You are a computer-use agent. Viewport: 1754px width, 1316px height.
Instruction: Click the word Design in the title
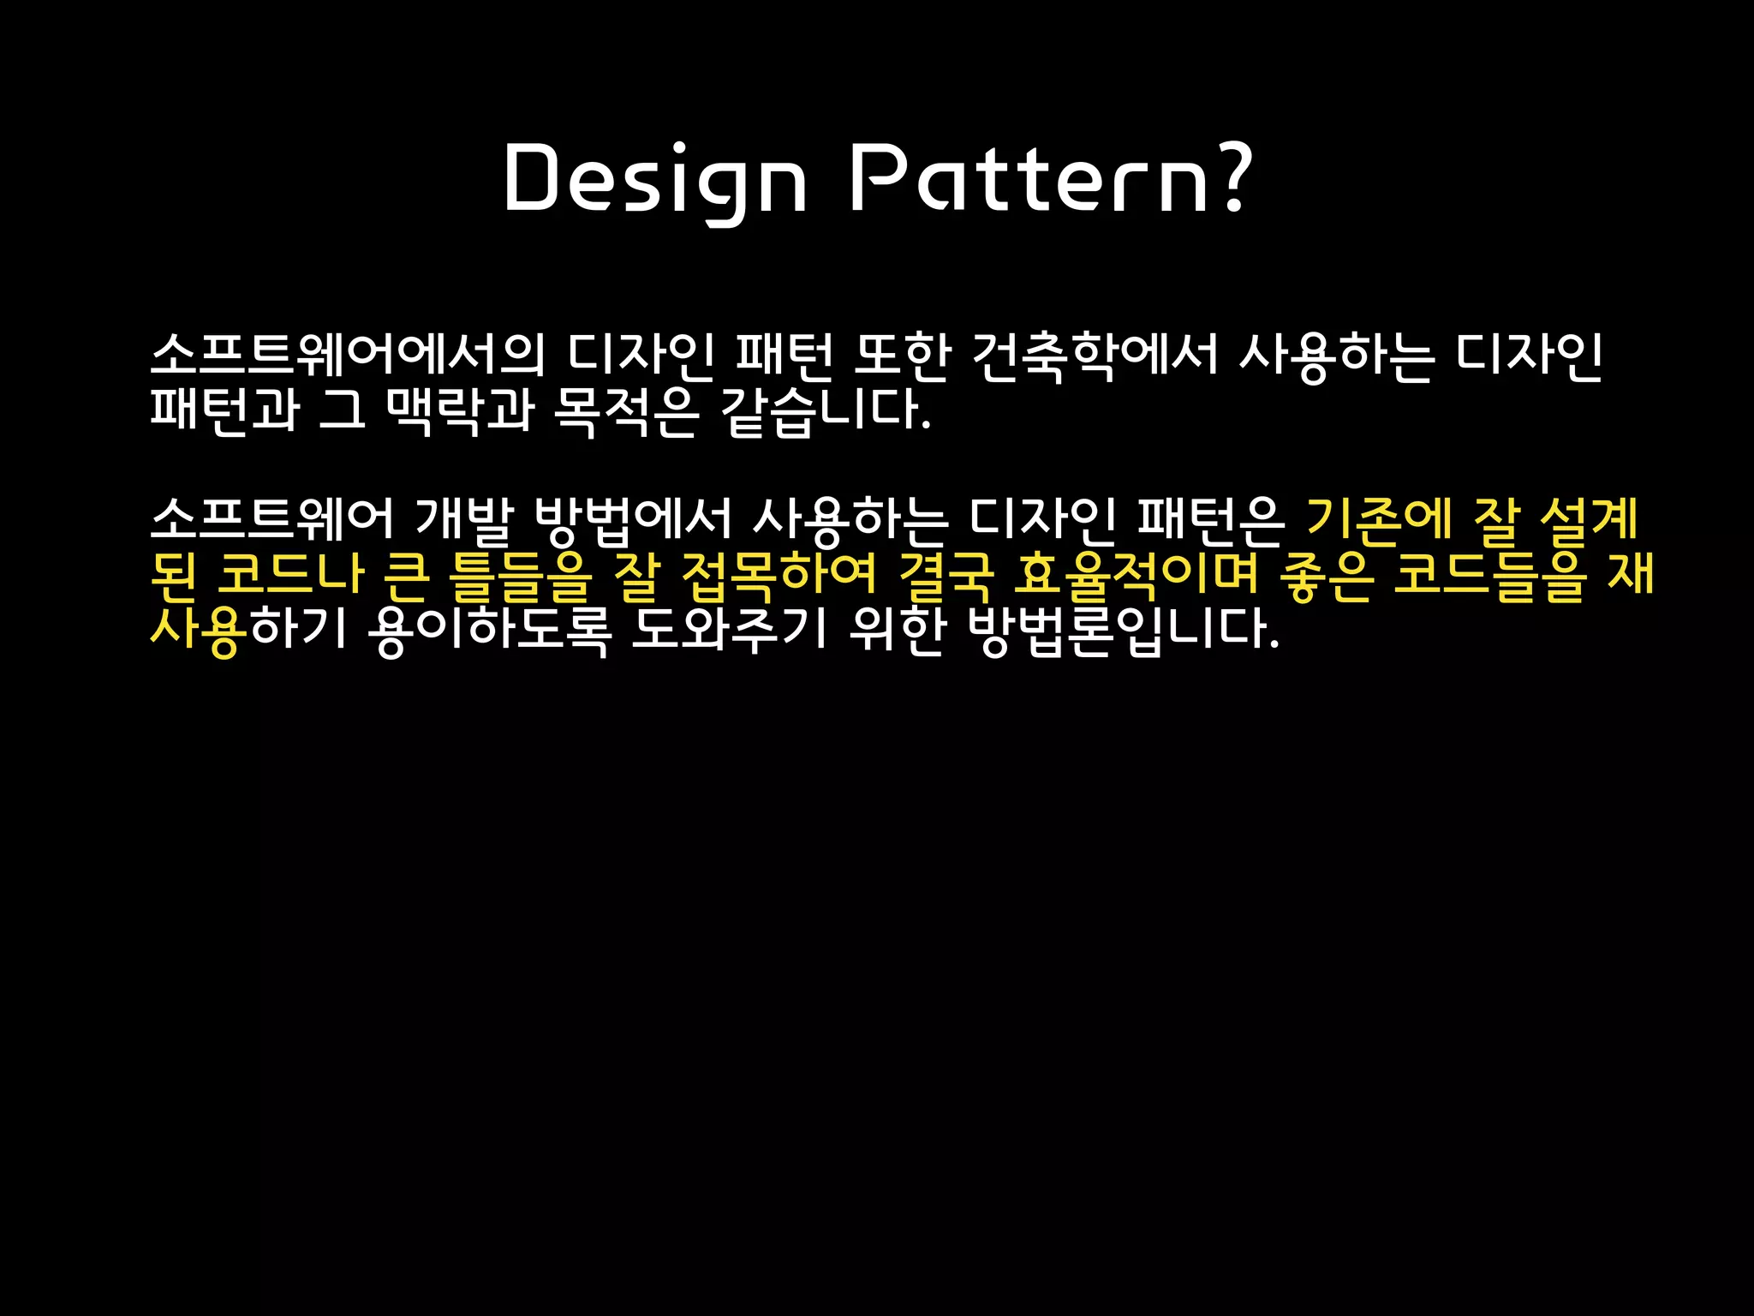coord(655,180)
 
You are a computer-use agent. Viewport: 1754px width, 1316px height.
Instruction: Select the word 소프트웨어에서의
coord(347,356)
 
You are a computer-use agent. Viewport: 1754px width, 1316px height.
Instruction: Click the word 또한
coord(902,356)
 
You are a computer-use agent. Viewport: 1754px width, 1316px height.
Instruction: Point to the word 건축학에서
coord(1095,356)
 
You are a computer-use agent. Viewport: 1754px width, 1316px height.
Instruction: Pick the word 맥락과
coord(460,410)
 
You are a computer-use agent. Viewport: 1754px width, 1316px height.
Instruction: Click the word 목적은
coord(626,410)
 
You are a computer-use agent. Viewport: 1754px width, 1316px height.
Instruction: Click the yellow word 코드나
coord(291,575)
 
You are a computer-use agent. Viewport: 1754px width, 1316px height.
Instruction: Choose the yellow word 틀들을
coord(521,575)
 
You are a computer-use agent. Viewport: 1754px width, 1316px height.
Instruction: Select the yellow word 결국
coord(946,575)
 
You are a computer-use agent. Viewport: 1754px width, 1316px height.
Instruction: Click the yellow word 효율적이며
coord(1136,575)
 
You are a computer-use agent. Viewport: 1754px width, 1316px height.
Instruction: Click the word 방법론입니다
coord(1123,630)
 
